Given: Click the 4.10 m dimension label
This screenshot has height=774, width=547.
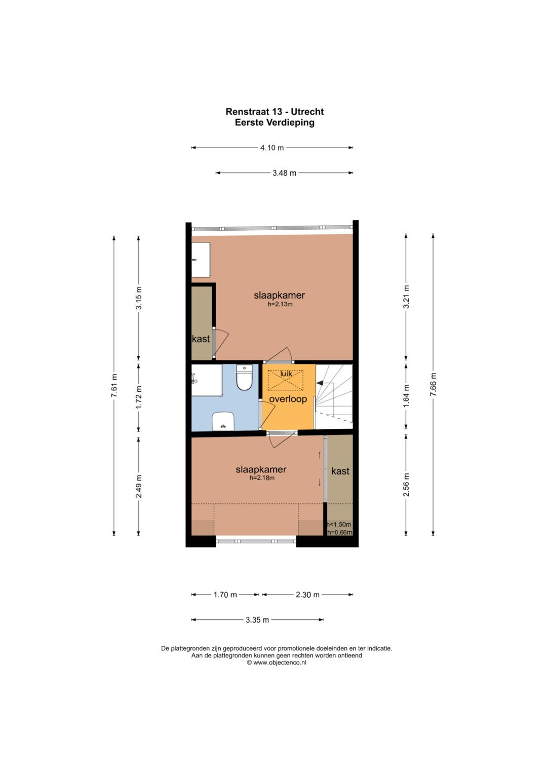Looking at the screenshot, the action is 272,148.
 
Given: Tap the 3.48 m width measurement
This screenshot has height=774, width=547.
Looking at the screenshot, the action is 284,173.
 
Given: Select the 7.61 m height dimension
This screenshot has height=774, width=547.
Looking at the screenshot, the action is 114,385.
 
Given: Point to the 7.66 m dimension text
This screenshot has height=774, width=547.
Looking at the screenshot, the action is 434,385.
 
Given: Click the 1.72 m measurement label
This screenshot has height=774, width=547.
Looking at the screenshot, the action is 139,397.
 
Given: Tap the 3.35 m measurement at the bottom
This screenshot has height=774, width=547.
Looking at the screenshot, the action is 257,620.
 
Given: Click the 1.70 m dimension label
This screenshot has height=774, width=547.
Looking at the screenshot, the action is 225,595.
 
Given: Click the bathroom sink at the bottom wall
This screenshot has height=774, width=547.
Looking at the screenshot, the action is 223,421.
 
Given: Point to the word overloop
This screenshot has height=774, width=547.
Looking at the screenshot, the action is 288,399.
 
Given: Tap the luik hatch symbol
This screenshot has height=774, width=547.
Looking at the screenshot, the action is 286,380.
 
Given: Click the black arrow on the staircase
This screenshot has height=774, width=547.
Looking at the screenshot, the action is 320,383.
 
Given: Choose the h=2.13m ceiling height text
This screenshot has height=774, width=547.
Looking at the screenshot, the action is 280,305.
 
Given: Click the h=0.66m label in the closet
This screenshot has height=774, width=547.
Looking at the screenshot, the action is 340,532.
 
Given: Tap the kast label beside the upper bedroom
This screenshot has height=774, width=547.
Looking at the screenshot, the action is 201,339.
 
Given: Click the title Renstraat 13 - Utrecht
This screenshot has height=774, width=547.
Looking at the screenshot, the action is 275,112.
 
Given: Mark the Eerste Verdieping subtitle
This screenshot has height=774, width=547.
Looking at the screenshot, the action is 275,122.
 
